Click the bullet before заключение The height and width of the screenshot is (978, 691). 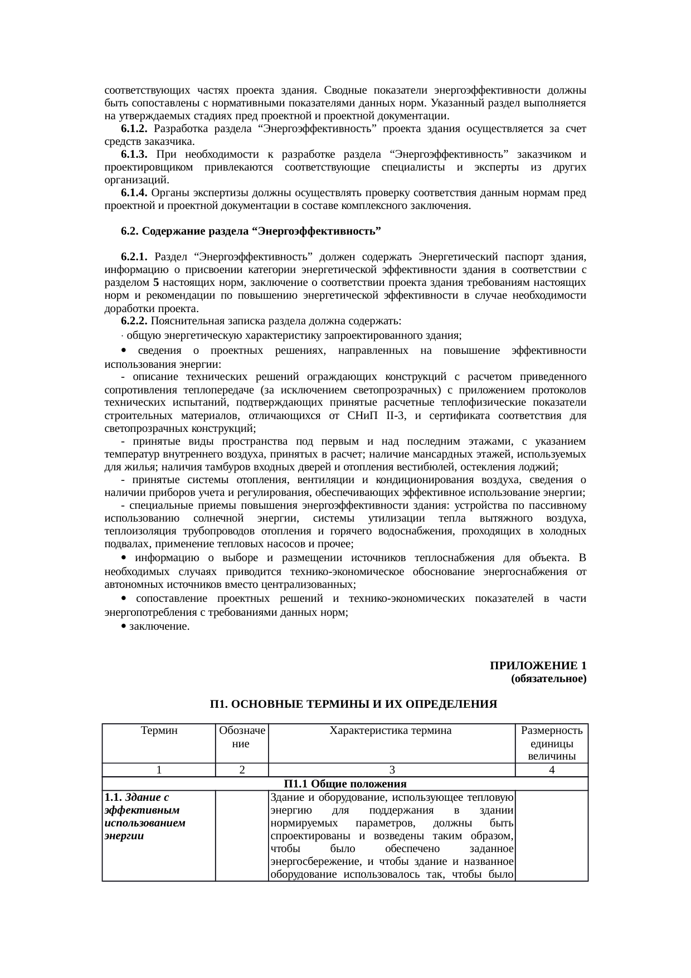[123, 626]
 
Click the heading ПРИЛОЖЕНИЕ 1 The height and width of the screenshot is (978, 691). [538, 665]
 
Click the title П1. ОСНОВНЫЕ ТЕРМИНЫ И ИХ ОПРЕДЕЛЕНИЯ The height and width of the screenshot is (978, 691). [353, 704]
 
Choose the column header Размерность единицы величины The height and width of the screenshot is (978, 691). [551, 743]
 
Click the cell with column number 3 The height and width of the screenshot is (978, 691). [392, 770]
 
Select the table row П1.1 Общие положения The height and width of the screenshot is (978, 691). [345, 784]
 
